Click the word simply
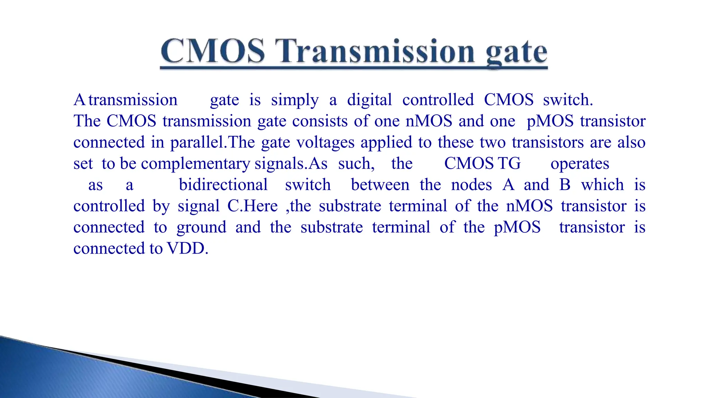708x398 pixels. (295, 101)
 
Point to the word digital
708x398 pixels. (369, 101)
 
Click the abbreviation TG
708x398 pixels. (509, 163)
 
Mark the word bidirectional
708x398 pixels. (223, 185)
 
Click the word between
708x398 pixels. (380, 185)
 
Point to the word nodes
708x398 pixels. (471, 185)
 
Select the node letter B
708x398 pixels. (565, 185)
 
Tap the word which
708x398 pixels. (602, 185)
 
